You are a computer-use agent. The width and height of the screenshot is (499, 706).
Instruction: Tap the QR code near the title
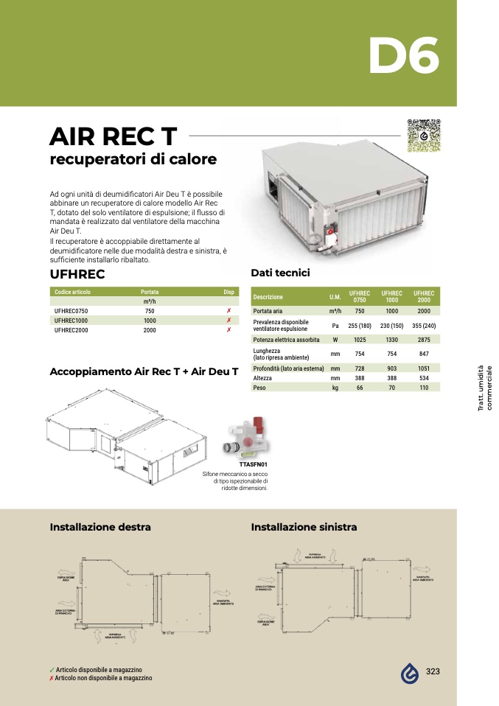424,136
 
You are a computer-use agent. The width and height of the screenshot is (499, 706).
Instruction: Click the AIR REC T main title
113,136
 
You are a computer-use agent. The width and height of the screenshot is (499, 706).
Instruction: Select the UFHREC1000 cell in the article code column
71,321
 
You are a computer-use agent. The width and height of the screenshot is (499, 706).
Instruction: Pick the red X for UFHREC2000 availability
229,330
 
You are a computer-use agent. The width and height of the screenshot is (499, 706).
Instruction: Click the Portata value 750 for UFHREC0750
150,311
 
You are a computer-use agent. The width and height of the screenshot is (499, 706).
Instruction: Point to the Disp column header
228,292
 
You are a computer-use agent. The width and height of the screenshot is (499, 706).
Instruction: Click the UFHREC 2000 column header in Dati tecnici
424,296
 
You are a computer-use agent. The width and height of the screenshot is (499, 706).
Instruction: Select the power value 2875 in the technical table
424,340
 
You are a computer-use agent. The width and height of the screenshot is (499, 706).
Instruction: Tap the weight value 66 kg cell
360,387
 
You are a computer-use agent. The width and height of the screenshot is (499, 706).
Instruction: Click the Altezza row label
263,377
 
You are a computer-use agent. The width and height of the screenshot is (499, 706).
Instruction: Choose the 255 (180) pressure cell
360,325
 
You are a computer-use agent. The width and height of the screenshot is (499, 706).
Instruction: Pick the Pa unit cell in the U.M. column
335,325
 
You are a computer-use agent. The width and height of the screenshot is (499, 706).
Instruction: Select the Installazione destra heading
100,527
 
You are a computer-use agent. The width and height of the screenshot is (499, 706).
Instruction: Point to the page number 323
433,671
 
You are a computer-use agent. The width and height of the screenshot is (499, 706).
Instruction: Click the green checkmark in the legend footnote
52,670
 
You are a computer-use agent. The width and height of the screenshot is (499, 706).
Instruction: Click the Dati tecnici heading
280,273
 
